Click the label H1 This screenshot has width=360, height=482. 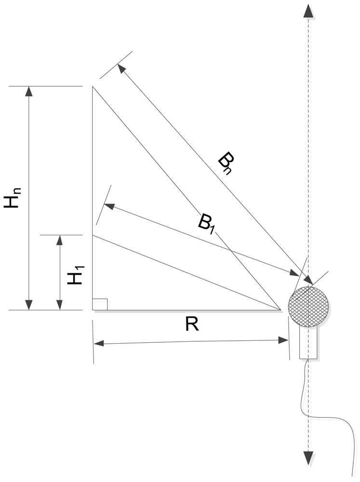(76, 274)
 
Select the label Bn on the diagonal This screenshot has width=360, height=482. (226, 164)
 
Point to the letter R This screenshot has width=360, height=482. (192, 324)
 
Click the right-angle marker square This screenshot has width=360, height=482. (100, 304)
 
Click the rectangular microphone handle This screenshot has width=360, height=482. (308, 343)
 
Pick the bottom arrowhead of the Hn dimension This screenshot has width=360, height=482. (29, 305)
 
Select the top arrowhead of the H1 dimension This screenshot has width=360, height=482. (60, 240)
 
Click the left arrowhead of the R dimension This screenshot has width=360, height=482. (99, 343)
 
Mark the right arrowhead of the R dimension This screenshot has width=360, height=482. (283, 340)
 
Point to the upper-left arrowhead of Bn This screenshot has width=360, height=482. (121, 69)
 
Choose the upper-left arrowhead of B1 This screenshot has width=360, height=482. (109, 206)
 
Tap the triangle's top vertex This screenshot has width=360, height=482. (93, 87)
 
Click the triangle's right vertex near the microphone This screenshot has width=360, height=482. (281, 310)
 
